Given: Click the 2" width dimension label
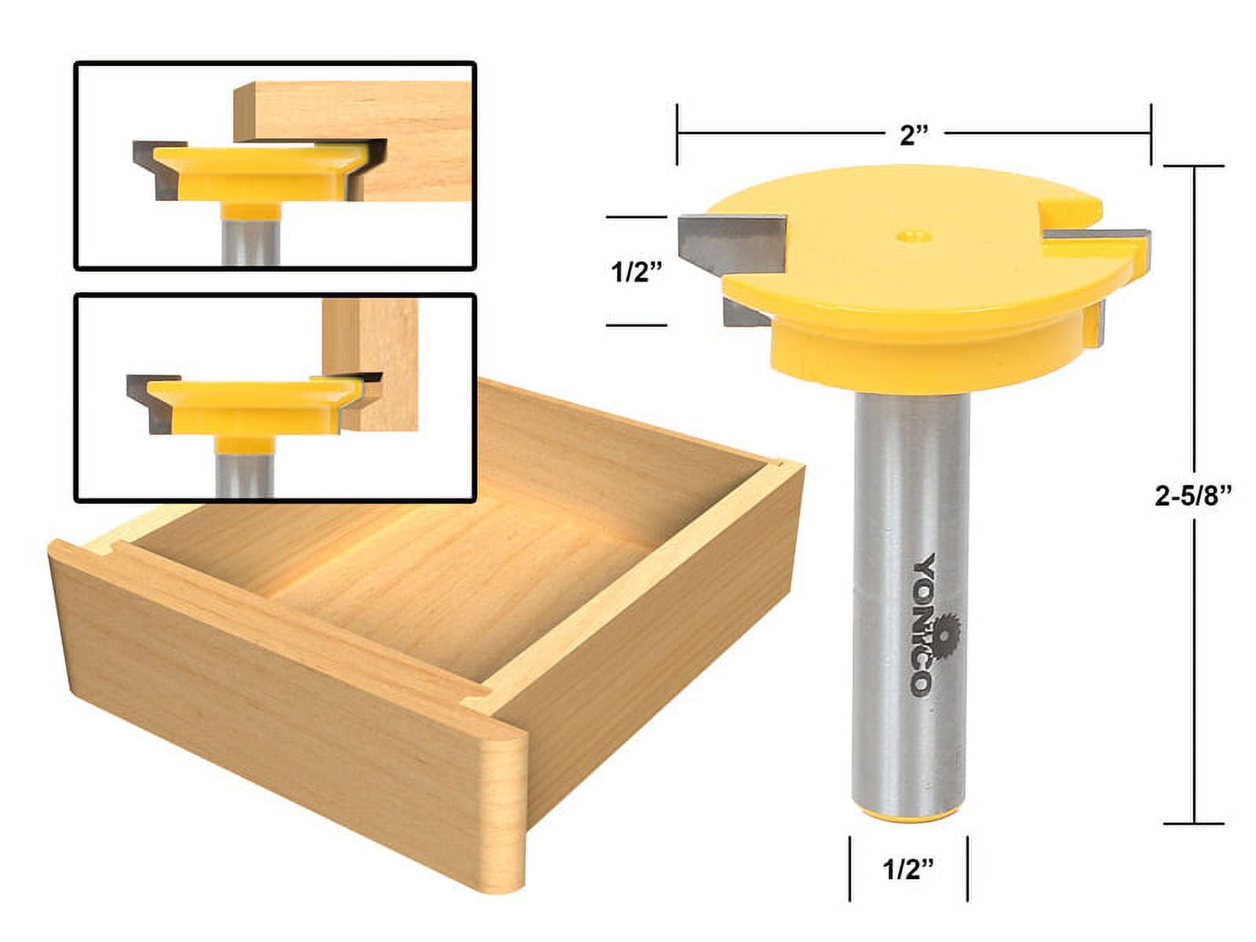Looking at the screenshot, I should (x=914, y=135).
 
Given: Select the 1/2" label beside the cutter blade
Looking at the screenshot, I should (x=637, y=272).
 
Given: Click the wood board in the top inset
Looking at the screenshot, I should (x=369, y=141).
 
